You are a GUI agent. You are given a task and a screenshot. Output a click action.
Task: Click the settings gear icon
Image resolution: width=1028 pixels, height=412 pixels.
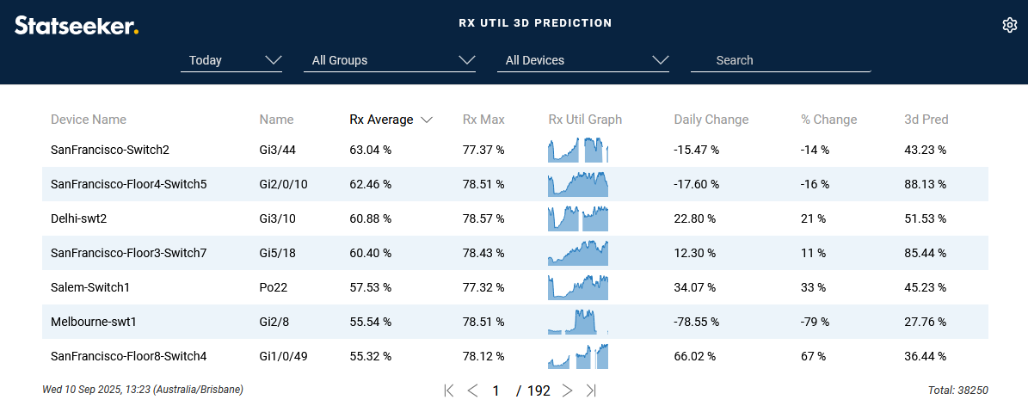pyautogui.click(x=1010, y=25)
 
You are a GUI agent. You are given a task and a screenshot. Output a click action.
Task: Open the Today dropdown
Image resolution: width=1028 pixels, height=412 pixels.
pyautogui.click(x=231, y=60)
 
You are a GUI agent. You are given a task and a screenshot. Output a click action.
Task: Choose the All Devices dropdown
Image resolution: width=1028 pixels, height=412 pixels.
pyautogui.click(x=583, y=60)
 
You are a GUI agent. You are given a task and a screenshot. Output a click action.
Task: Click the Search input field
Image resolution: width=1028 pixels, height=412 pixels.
pyautogui.click(x=780, y=60)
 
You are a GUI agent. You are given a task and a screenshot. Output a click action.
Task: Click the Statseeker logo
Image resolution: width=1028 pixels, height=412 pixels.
pyautogui.click(x=77, y=25)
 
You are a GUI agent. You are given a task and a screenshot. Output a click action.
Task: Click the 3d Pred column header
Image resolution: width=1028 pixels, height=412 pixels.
pyautogui.click(x=926, y=120)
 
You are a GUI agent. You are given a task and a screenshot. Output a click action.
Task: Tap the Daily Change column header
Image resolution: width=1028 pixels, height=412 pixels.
pyautogui.click(x=711, y=120)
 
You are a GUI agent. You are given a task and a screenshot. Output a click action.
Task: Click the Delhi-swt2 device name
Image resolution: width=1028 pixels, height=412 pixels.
pyautogui.click(x=79, y=218)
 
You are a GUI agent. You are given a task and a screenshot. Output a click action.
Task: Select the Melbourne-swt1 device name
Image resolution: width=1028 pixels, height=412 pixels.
pyautogui.click(x=94, y=322)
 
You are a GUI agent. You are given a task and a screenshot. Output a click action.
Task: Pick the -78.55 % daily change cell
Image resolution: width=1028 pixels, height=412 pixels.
pyautogui.click(x=696, y=322)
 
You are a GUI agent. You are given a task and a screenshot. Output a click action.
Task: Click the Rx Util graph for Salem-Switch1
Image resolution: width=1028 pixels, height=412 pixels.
pyautogui.click(x=578, y=287)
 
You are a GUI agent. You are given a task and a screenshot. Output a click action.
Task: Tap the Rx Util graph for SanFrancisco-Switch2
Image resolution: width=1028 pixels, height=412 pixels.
pyautogui.click(x=578, y=151)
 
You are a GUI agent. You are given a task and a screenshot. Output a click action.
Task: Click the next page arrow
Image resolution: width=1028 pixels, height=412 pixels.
pyautogui.click(x=567, y=390)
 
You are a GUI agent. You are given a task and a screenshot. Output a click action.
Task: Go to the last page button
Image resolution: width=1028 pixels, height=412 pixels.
pyautogui.click(x=591, y=390)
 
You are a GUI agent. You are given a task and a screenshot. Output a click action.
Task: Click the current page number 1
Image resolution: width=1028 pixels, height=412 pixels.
pyautogui.click(x=496, y=390)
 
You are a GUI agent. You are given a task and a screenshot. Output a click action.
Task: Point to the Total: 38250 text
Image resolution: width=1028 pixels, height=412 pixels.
pyautogui.click(x=957, y=390)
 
